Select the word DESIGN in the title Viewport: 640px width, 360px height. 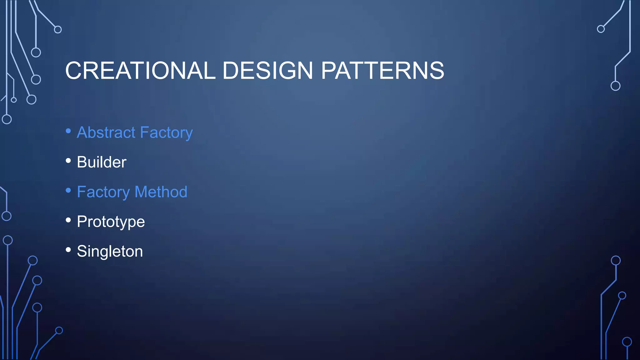coord(267,70)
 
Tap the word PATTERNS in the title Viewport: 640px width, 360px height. coord(382,70)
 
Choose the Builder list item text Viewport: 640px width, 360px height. coord(102,162)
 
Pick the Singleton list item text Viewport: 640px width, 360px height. coord(110,252)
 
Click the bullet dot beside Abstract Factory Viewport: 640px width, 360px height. coord(68,131)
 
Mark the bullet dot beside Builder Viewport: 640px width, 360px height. coord(68,161)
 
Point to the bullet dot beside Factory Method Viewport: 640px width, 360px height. coord(68,190)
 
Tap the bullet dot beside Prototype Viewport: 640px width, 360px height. coord(68,220)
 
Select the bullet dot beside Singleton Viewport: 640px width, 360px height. coord(68,250)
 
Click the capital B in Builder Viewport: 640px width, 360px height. coord(82,162)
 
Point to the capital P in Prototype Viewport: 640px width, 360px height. coord(82,222)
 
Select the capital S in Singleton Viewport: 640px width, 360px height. coord(82,251)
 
